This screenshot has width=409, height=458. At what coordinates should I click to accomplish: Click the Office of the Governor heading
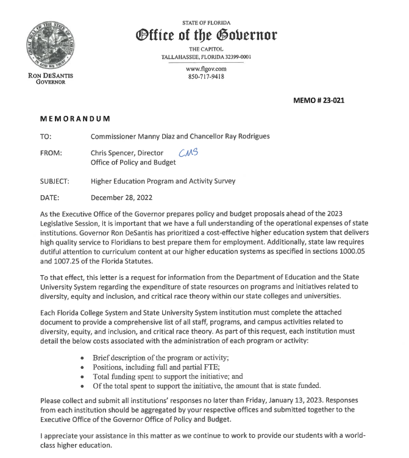click(x=206, y=34)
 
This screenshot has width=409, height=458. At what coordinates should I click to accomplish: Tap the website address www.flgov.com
click(x=206, y=69)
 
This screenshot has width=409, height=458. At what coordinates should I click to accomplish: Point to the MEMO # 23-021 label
click(x=319, y=100)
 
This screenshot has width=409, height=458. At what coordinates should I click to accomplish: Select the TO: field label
click(x=46, y=137)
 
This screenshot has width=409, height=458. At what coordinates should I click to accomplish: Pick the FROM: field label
click(x=51, y=153)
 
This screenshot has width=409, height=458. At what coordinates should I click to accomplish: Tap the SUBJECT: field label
click(x=55, y=181)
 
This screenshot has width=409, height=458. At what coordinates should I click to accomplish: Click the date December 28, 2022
click(x=121, y=198)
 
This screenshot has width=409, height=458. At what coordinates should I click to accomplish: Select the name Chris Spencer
click(x=115, y=153)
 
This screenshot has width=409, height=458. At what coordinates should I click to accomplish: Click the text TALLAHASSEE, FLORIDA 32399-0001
click(x=206, y=56)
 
